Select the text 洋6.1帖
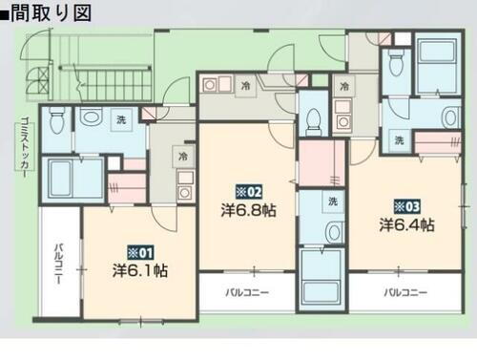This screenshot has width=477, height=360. (x=139, y=270)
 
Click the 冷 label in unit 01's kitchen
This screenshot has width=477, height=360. (x=179, y=154)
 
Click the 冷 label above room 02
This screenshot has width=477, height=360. (x=245, y=86)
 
